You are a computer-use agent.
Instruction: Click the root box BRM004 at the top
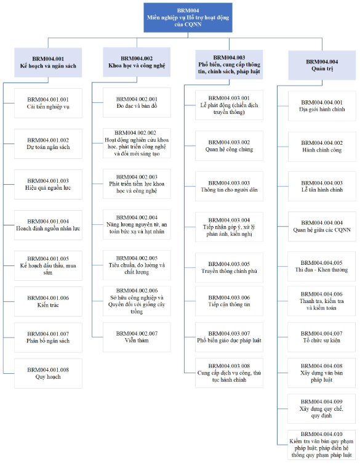click(188, 17)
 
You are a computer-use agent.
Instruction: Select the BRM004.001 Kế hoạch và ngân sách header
click(48, 63)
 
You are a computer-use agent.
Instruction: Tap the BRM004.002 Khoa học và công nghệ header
click(137, 62)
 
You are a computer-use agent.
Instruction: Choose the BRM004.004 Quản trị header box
click(322, 65)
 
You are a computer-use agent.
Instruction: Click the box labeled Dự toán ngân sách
click(48, 144)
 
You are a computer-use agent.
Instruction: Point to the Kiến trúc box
click(48, 302)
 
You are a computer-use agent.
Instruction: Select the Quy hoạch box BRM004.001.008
click(48, 373)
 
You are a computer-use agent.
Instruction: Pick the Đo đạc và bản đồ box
click(137, 103)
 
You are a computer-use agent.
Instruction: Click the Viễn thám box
click(137, 337)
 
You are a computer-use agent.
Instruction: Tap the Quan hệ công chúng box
click(229, 145)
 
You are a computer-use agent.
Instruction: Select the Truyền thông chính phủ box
click(229, 267)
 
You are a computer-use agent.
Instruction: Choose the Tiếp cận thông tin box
click(229, 301)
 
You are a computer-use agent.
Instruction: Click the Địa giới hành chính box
click(322, 106)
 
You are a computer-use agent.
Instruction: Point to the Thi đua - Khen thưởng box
click(321, 266)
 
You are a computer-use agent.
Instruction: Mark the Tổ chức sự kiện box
click(321, 337)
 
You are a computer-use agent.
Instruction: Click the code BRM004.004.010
click(321, 434)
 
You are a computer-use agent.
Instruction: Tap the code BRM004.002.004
click(137, 217)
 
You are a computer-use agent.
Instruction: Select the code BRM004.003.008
click(229, 366)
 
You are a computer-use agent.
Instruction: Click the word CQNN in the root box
click(193, 25)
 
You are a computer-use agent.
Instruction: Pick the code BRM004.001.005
click(48, 259)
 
